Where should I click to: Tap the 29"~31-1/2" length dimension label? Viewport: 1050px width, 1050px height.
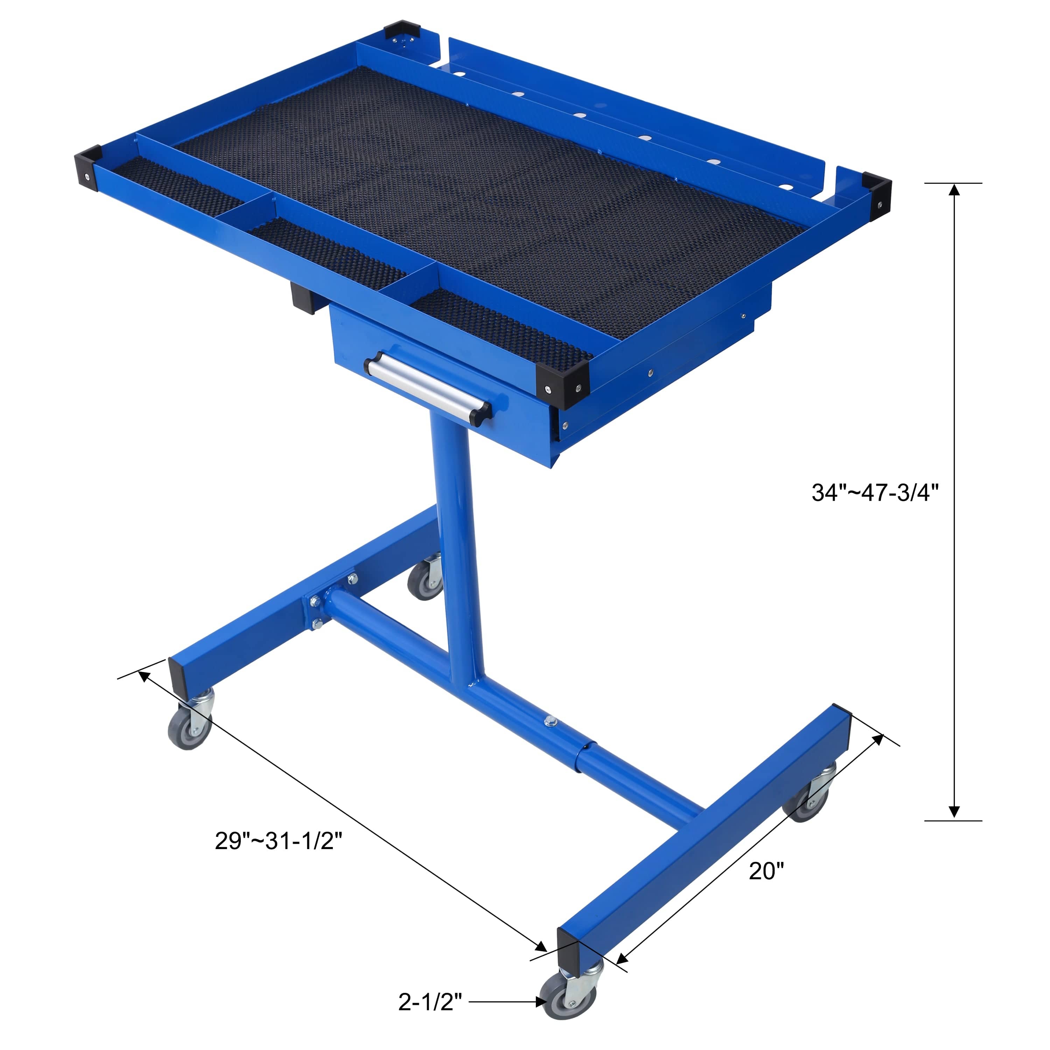[278, 840]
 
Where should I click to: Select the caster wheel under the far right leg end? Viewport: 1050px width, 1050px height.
[806, 803]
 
